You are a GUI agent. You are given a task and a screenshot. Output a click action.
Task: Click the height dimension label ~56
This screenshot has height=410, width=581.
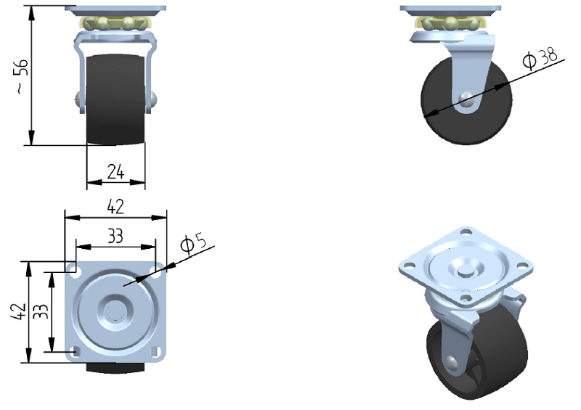pos(23,75)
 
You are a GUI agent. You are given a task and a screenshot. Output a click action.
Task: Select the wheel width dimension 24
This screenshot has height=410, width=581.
pos(116,172)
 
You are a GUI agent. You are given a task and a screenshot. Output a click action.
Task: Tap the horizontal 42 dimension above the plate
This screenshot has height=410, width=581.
pos(115,206)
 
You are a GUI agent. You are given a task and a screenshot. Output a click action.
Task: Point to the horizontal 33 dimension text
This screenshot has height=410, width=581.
pos(115,236)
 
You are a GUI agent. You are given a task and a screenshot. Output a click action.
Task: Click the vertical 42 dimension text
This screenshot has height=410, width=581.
pos(19,311)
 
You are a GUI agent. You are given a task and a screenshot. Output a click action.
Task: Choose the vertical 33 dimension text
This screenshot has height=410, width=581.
pos(41,311)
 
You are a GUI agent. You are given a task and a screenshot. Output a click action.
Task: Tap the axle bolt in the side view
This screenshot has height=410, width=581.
pos(466,99)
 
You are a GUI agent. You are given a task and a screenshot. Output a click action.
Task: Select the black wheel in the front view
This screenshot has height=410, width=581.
pos(116,99)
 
